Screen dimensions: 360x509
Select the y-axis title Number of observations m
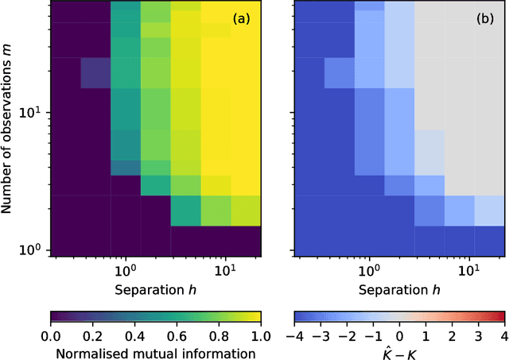[10, 128]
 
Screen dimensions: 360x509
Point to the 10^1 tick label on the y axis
[35, 113]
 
